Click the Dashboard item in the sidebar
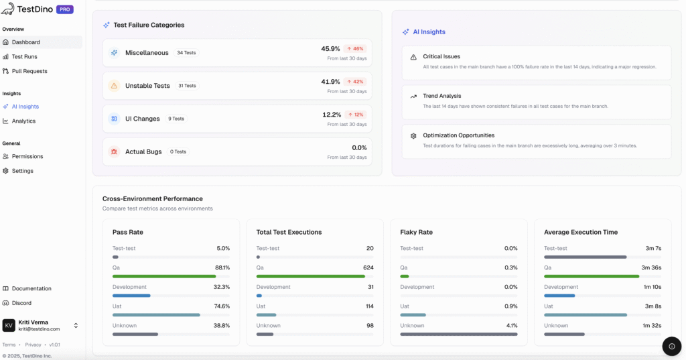click(x=25, y=42)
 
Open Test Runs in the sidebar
click(x=24, y=57)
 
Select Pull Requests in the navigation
click(x=29, y=71)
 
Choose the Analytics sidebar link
click(x=23, y=121)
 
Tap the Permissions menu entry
click(x=27, y=157)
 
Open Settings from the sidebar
click(x=22, y=171)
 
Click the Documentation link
click(x=31, y=289)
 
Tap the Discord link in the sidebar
click(x=21, y=303)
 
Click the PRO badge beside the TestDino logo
click(x=65, y=9)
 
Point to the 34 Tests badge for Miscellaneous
click(x=187, y=53)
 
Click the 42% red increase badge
click(x=355, y=82)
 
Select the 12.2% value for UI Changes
click(x=332, y=115)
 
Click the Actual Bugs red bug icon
click(x=114, y=152)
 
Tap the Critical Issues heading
click(x=441, y=57)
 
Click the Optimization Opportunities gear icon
click(x=413, y=136)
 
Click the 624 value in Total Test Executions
click(x=368, y=267)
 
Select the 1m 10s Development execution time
click(x=653, y=287)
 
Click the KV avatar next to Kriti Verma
click(x=9, y=326)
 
